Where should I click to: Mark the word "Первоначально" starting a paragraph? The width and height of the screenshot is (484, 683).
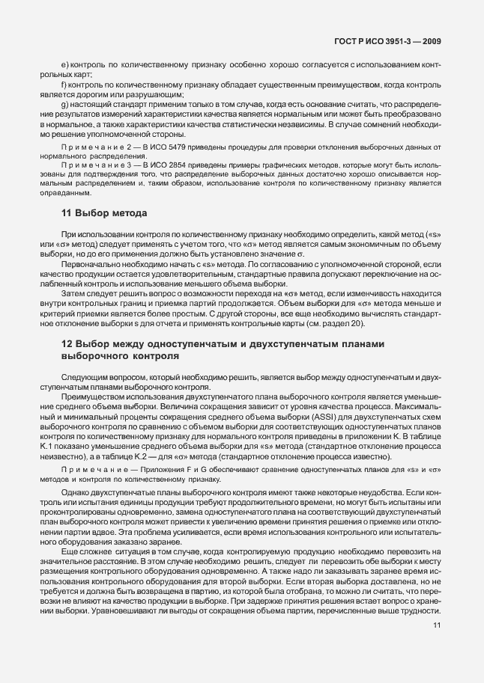click(88, 264)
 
